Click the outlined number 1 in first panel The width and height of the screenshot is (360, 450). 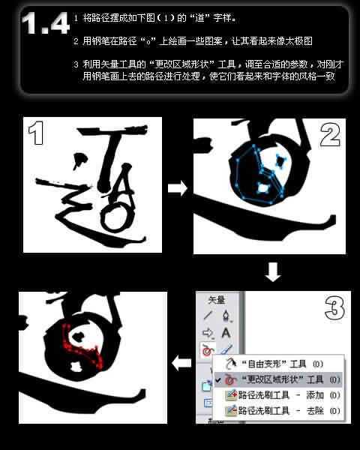pos(38,136)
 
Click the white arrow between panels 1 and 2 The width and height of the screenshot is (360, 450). pos(177,188)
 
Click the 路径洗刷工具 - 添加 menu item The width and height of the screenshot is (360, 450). pos(280,395)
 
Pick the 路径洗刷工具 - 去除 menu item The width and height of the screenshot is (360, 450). pos(280,411)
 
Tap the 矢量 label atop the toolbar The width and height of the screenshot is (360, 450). pos(217,299)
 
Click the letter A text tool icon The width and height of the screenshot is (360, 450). pos(226,332)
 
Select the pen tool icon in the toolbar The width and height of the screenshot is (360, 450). pos(226,315)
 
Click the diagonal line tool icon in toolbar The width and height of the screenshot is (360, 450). pos(208,315)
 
